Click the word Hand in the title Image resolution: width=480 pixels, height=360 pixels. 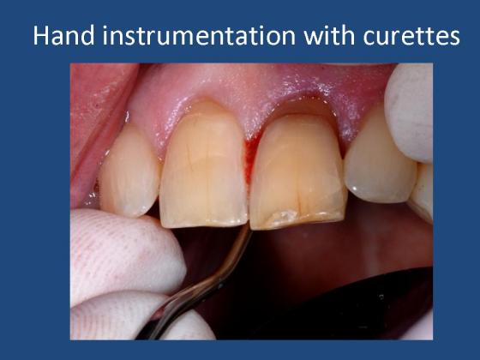coord(63,35)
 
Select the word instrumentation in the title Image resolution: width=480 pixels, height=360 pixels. coord(199,35)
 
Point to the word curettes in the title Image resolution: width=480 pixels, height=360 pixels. coord(411,36)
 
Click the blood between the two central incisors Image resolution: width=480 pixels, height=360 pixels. coord(250,159)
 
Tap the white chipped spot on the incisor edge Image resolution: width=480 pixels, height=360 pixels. coord(282,216)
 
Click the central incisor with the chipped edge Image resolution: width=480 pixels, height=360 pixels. coord(297,171)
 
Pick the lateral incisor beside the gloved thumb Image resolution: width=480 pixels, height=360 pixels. coord(129,171)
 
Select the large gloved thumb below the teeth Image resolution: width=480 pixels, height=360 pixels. coord(125,254)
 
